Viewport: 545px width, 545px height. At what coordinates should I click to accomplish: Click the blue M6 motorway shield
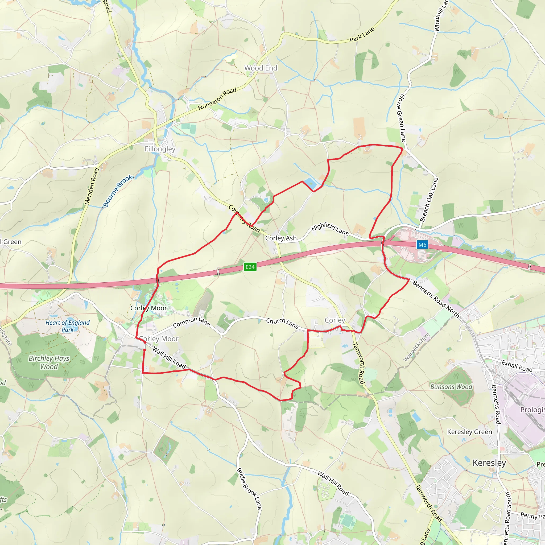[x=422, y=245]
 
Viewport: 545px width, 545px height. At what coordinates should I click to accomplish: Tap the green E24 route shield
[x=250, y=267]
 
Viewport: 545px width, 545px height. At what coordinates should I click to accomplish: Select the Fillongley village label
[x=160, y=149]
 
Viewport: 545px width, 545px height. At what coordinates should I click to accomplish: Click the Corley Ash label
[x=281, y=238]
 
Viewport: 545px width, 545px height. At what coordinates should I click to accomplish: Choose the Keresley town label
[x=489, y=463]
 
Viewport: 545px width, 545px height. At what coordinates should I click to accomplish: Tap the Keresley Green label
[x=470, y=432]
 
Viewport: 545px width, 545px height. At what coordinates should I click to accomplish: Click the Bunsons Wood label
[x=451, y=387]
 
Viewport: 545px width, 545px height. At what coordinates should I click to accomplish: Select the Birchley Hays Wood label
[x=49, y=362]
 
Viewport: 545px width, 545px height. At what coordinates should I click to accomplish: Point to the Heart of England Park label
[x=67, y=326]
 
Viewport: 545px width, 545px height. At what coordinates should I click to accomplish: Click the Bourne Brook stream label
[x=117, y=191]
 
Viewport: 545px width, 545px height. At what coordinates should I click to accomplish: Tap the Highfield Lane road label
[x=330, y=229]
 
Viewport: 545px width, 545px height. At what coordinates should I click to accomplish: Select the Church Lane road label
[x=282, y=323]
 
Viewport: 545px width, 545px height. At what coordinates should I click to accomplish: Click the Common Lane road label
[x=192, y=322]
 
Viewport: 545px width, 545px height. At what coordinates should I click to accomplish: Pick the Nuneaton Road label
[x=217, y=99]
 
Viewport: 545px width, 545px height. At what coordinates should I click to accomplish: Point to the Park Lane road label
[x=362, y=34]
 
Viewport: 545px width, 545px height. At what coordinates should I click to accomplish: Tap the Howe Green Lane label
[x=401, y=118]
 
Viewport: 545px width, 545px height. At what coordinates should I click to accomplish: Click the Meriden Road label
[x=92, y=186]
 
